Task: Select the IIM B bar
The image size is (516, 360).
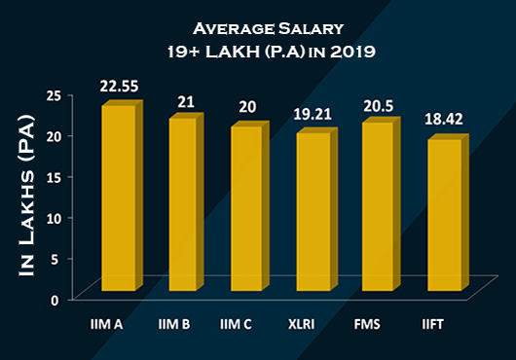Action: [x=185, y=205]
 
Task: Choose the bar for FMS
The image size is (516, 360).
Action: [x=379, y=207]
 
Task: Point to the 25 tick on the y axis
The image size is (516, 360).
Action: [x=55, y=95]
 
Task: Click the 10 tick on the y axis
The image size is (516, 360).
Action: [x=55, y=217]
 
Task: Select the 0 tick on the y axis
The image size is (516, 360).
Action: [x=58, y=299]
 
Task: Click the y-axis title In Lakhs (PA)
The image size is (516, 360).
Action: [x=27, y=195]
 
